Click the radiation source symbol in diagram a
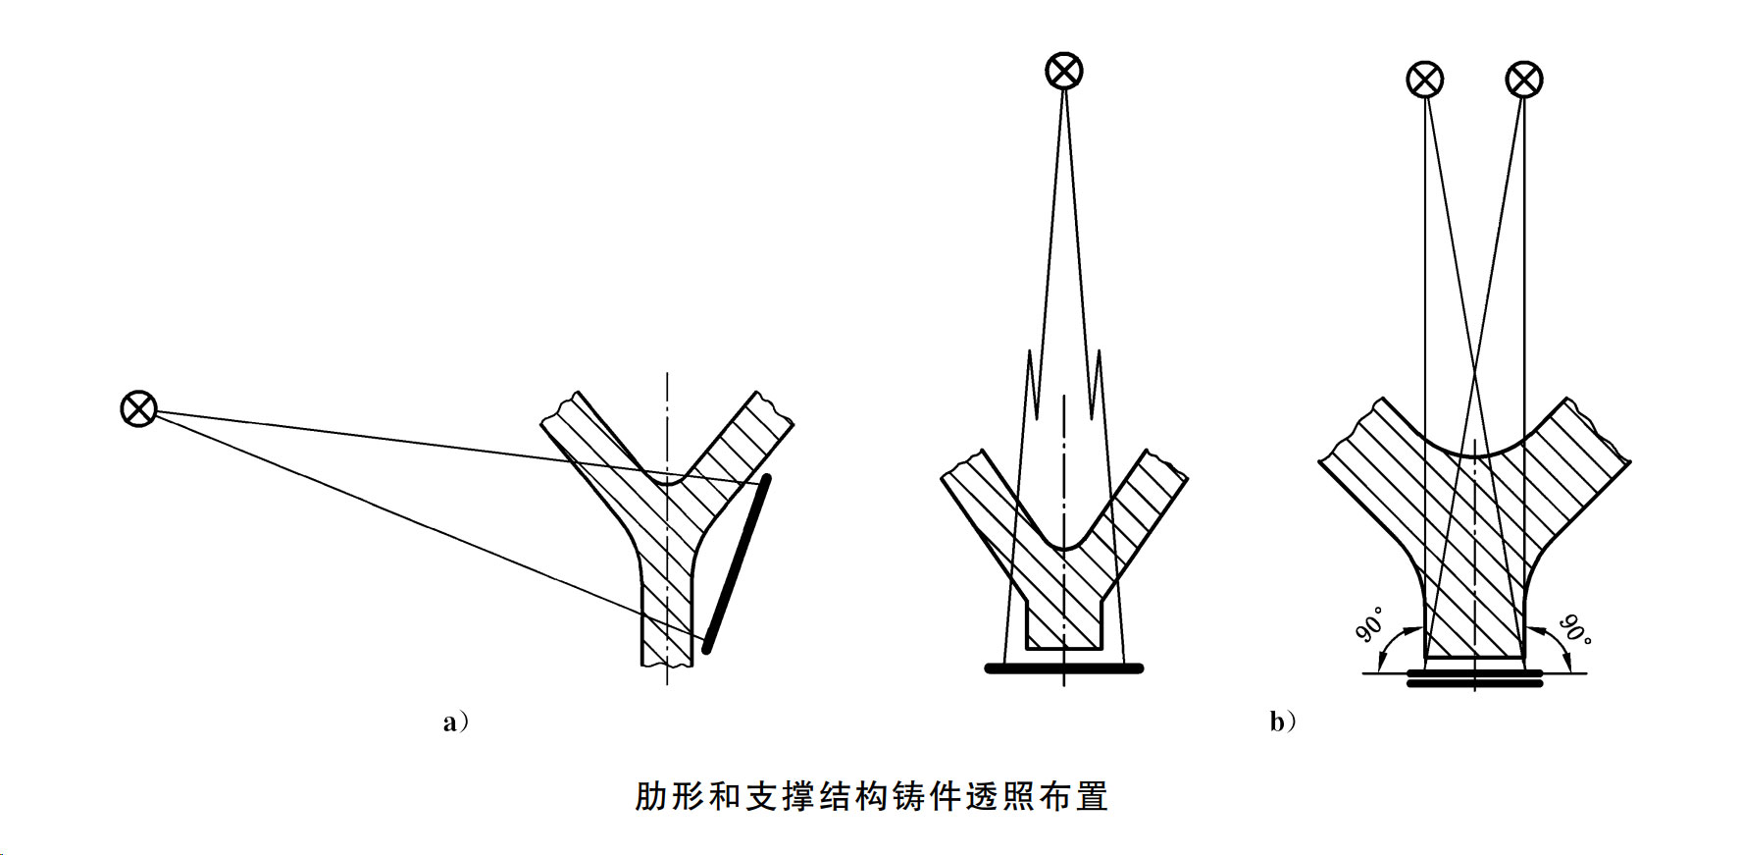coord(138,407)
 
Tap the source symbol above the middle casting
coord(1064,71)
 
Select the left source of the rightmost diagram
coord(1424,80)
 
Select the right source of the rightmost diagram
coord(1523,80)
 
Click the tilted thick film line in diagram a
coord(737,563)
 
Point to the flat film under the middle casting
coord(1064,668)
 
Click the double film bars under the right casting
coord(1474,678)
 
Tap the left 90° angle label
coord(1371,624)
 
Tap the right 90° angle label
coord(1575,628)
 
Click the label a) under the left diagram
coord(455,722)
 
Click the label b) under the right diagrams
coord(1282,722)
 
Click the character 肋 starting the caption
coord(650,796)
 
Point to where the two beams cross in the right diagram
coord(1474,374)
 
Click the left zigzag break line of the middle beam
coord(1030,383)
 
